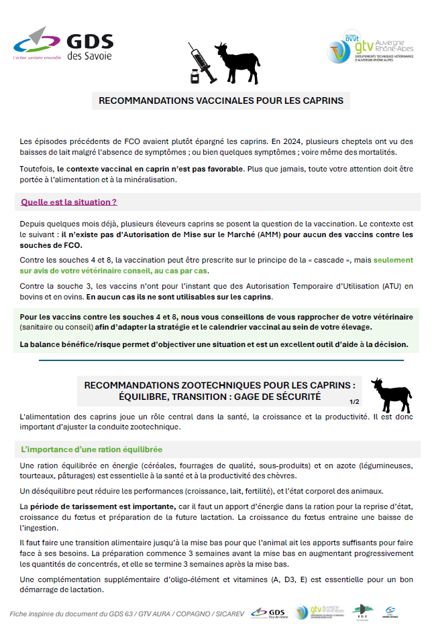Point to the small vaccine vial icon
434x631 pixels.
pos(195,76)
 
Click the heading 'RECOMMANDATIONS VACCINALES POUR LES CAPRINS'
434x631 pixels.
pos(221,101)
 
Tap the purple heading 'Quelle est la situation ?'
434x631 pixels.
pos(69,202)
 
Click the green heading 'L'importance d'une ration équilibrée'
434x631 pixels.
pos(91,449)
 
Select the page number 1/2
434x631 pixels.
pos(354,402)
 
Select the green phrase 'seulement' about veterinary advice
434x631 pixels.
pos(393,260)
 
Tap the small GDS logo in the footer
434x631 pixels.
pos(268,612)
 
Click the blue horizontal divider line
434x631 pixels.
pos(221,360)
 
